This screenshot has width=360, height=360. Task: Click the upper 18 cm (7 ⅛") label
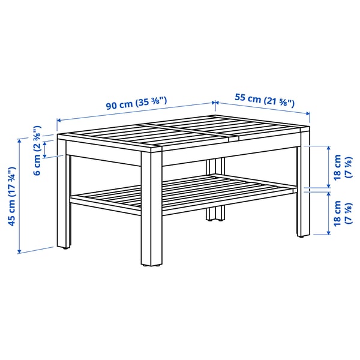coord(341,167)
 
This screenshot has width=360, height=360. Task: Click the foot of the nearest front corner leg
coord(151,263)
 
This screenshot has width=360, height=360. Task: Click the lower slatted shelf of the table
coord(186,193)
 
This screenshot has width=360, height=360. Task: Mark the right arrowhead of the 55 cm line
coord(308,112)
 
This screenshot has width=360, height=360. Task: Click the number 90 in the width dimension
coord(112,105)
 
